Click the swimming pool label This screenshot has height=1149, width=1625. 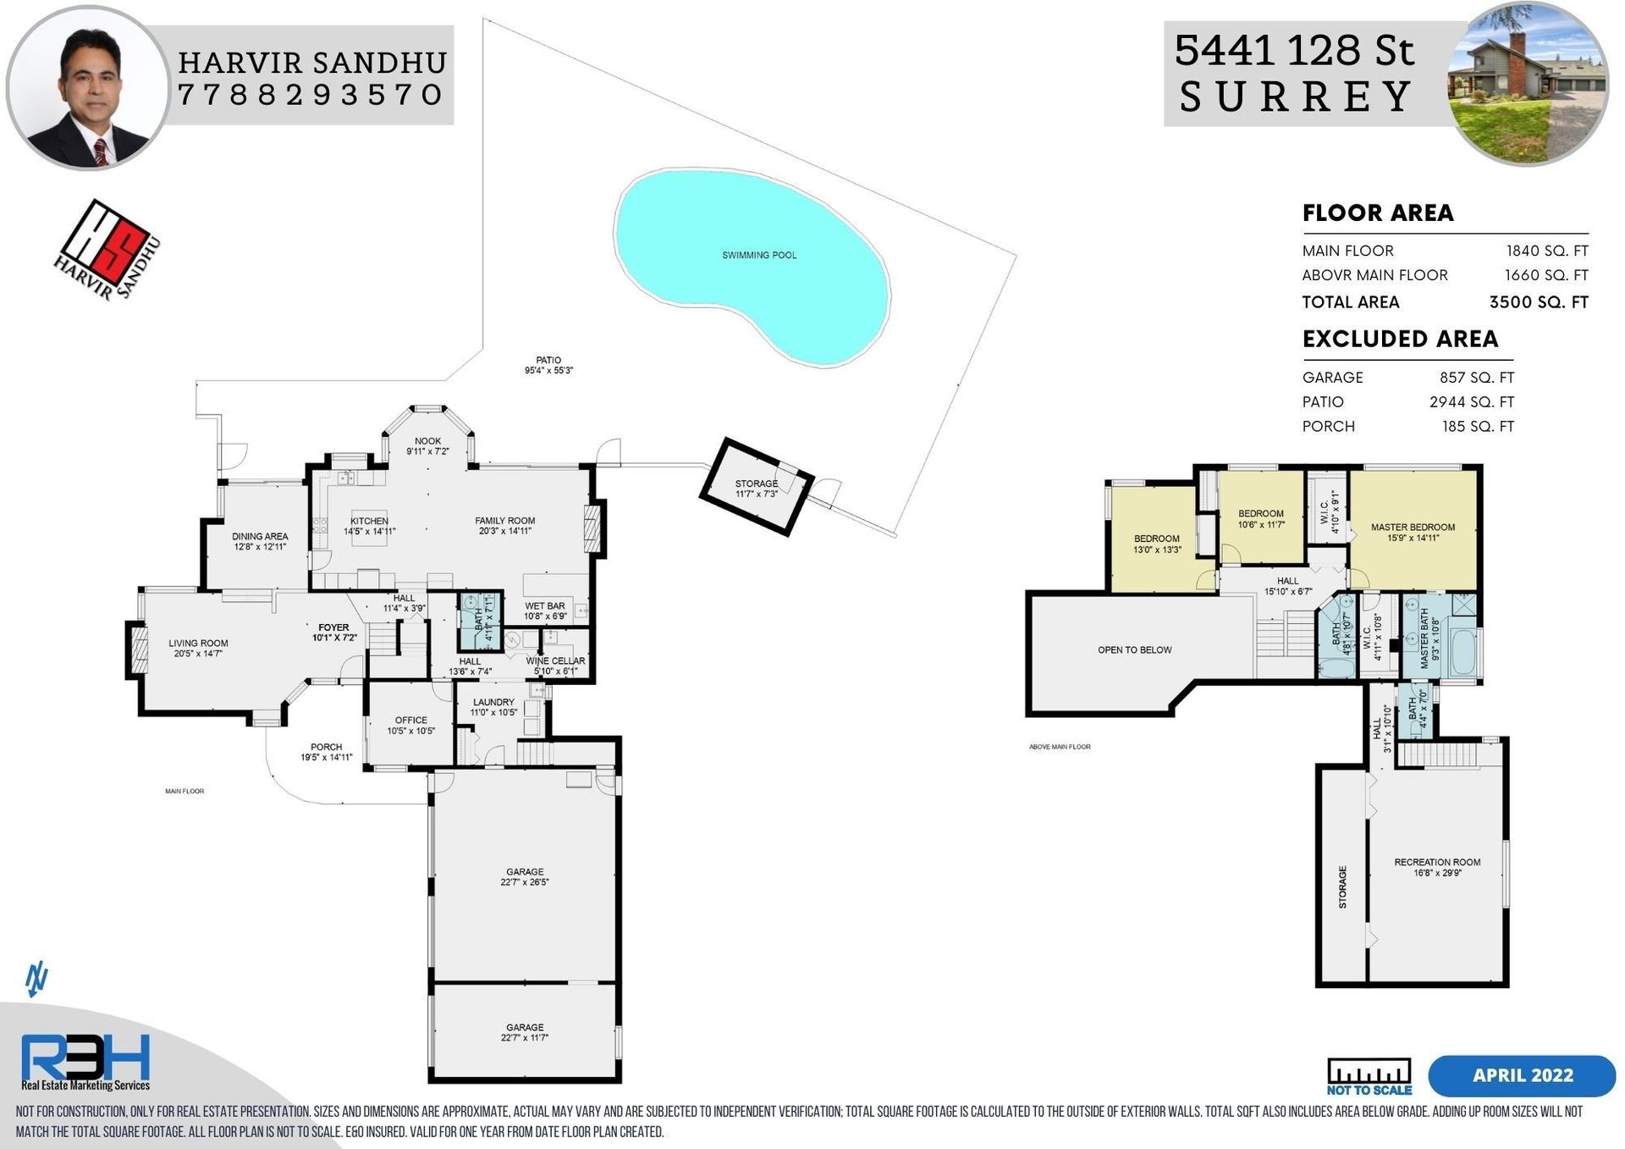click(759, 255)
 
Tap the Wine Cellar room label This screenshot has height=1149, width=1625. click(555, 661)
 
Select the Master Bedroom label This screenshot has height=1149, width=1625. click(1413, 527)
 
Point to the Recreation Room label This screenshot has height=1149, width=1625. click(1437, 862)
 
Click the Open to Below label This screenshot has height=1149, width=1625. click(1134, 650)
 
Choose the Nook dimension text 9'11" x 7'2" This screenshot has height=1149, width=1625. click(427, 451)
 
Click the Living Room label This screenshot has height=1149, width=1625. click(198, 644)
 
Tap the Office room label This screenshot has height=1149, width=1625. click(411, 720)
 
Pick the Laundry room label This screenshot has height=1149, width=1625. click(493, 702)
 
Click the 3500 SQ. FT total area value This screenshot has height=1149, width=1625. click(1539, 302)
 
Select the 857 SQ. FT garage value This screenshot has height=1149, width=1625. click(1476, 378)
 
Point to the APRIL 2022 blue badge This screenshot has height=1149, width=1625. click(1522, 1075)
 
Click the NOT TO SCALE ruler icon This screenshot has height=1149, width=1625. click(1369, 1076)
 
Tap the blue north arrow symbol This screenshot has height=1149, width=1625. click(36, 980)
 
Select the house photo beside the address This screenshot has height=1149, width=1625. click(1529, 83)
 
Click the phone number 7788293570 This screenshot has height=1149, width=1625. click(311, 94)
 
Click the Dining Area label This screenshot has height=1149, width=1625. click(260, 537)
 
